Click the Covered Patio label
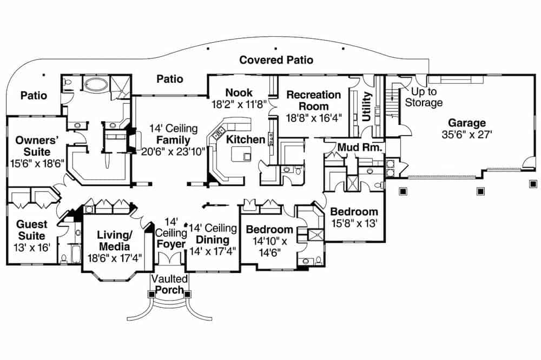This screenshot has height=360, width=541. coord(276,60)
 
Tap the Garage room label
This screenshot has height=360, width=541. coord(466,123)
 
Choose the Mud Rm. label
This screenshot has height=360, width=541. coord(360,147)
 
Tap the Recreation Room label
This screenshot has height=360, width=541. coord(314,100)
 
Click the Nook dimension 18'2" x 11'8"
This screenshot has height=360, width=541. coord(239,104)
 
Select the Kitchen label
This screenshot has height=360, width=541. coord(246,139)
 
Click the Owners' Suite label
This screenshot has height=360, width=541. coord(34,145)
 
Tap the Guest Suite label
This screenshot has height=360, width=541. coord(32,230)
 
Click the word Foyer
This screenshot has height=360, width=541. coord(170,244)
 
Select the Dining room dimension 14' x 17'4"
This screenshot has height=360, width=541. coord(213,250)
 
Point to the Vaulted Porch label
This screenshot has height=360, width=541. coord(170,285)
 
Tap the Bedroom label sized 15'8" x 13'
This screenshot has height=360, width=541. coord(354,211)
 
